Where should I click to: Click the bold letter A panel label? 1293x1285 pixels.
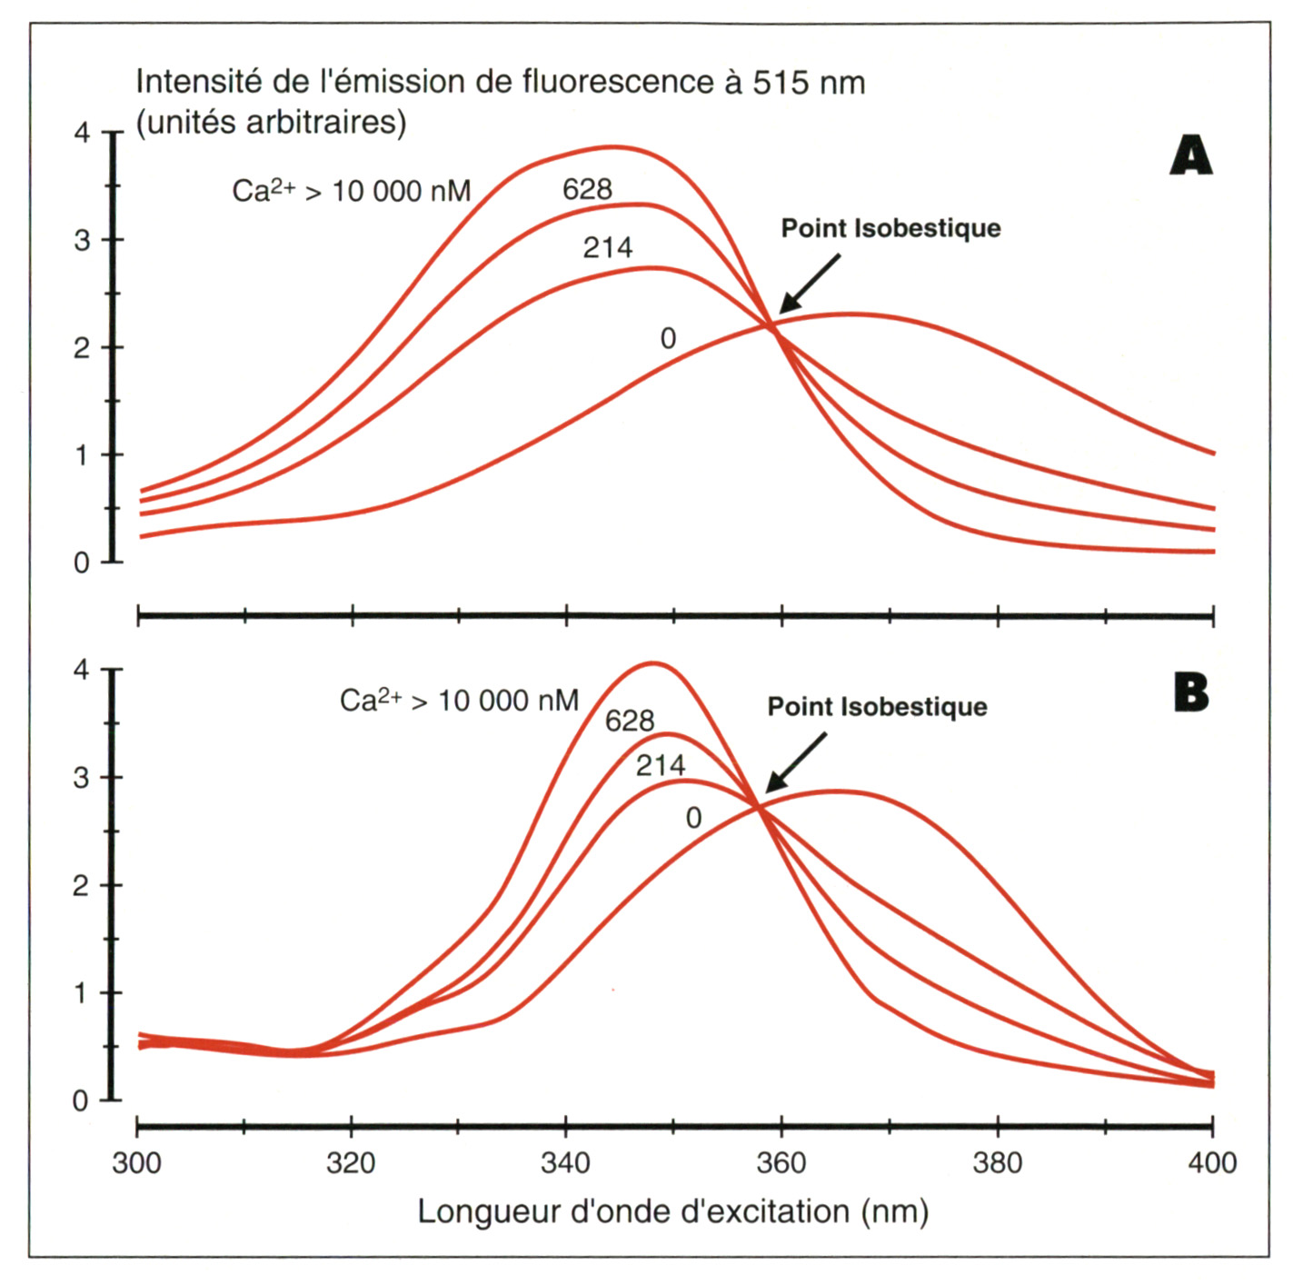1191,155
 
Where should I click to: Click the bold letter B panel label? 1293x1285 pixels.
1191,693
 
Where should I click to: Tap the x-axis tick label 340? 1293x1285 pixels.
565,1162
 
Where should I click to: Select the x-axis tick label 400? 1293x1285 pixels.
1212,1162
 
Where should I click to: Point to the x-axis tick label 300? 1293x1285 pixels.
136,1162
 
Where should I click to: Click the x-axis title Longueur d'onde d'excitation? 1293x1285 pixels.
672,1211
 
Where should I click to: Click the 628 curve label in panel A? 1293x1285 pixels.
587,189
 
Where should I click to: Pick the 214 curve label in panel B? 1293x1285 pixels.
661,765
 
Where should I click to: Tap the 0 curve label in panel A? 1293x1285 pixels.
668,339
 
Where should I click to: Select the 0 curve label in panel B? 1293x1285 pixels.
693,818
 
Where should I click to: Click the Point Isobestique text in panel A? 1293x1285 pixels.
890,228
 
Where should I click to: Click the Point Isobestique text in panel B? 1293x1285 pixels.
877,707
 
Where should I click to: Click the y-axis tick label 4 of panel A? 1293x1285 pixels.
83,133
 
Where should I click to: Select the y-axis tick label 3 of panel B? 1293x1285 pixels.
83,778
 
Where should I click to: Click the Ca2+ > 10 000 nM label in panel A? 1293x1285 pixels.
352,191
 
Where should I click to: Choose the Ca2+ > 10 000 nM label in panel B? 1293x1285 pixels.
459,700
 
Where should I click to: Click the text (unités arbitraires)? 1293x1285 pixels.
271,122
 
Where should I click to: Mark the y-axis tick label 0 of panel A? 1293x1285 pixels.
83,563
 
